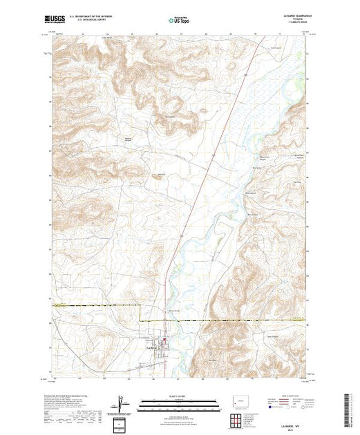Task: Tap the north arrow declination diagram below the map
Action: pyautogui.click(x=123, y=403)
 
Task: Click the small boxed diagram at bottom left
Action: pyautogui.click(x=120, y=423)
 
